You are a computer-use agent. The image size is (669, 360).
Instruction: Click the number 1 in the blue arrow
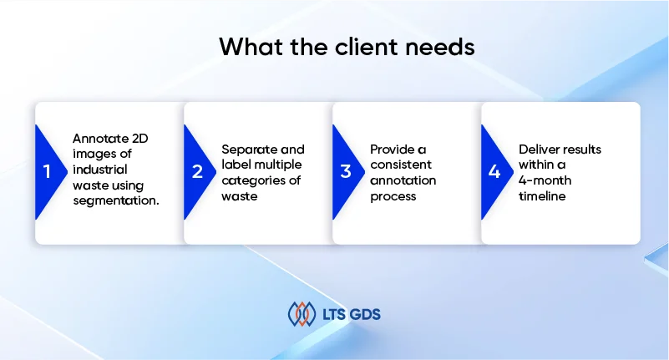(x=48, y=172)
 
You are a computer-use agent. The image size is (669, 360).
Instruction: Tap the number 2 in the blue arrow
(x=197, y=172)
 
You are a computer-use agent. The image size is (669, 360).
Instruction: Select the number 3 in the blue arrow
(x=345, y=172)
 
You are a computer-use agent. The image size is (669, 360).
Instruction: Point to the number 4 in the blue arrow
(x=494, y=172)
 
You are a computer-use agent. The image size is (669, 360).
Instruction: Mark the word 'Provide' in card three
(x=393, y=150)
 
